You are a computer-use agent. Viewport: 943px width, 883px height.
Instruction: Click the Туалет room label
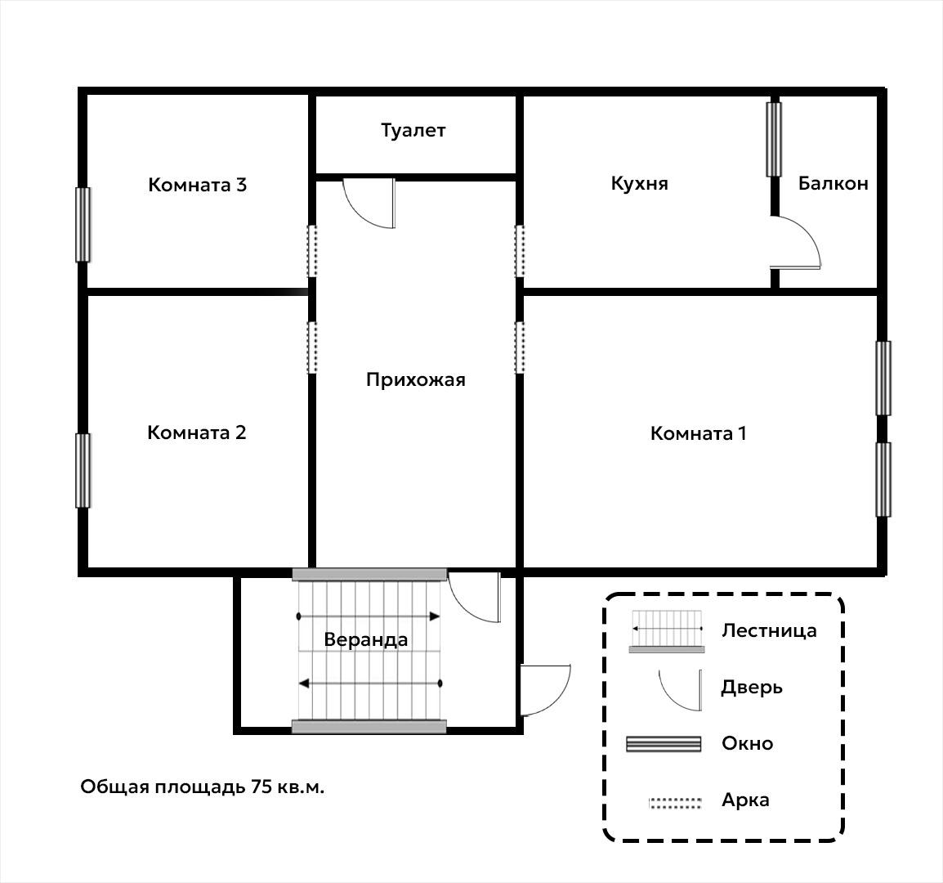(x=413, y=131)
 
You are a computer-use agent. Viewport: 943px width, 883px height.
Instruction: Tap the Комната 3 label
(x=197, y=185)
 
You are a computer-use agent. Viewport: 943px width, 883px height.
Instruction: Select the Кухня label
(x=639, y=183)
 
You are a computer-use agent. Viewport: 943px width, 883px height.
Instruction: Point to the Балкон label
(x=833, y=183)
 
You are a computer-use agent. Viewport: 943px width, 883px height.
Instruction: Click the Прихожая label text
(x=416, y=380)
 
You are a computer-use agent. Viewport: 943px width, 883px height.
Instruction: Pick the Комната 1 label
(x=698, y=433)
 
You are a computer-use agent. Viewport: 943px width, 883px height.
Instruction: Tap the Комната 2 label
(x=197, y=433)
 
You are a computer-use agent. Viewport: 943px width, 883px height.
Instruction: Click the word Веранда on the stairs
(x=365, y=639)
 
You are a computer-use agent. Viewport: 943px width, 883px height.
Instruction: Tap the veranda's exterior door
(x=546, y=690)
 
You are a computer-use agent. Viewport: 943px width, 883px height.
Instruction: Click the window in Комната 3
(x=83, y=225)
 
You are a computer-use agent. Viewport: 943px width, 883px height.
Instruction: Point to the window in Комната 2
(x=83, y=471)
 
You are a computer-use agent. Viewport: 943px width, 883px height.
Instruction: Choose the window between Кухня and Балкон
(x=774, y=140)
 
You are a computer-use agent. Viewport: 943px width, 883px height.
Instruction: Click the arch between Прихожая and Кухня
(x=520, y=251)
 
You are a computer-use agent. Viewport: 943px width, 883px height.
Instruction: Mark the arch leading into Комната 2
(x=312, y=347)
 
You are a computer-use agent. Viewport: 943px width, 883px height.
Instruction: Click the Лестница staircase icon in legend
(x=666, y=631)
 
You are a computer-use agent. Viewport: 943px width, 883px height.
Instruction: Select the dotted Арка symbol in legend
(x=675, y=803)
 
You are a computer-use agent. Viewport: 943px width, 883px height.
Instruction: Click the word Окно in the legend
(x=747, y=743)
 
